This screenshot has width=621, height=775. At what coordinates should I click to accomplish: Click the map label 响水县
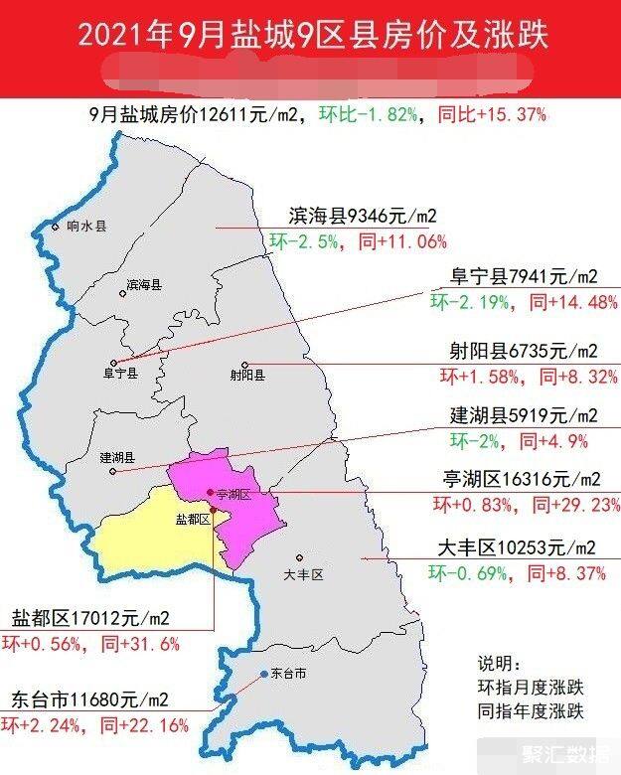pos(85,226)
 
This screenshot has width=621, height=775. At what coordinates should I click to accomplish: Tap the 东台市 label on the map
pos(288,674)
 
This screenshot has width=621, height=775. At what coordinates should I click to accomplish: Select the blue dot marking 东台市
pos(264,674)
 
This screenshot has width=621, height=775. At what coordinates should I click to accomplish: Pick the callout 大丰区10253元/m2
pos(517,547)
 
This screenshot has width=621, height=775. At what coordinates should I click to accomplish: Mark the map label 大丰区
pos(303,574)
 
